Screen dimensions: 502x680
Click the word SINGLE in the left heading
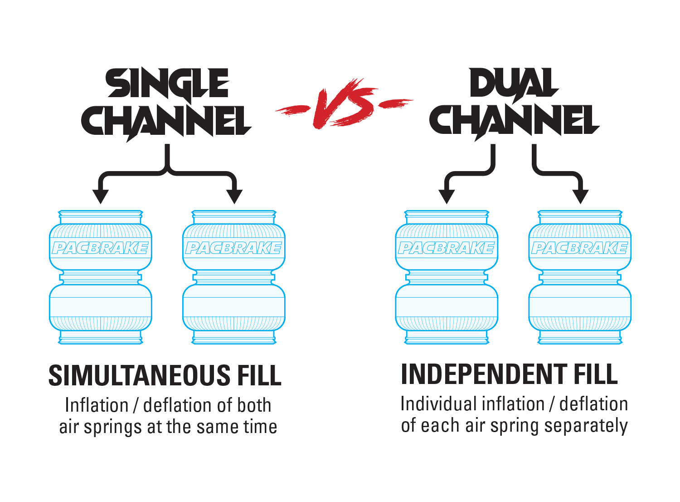coord(167,84)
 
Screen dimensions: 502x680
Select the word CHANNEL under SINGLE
coord(166,122)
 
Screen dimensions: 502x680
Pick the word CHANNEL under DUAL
coord(514,122)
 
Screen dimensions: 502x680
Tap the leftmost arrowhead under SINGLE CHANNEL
coord(100,196)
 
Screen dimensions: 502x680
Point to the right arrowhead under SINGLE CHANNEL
coord(234,196)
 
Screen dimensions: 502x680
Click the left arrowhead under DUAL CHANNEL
coord(447,196)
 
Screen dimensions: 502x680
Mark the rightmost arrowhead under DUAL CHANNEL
coord(580,196)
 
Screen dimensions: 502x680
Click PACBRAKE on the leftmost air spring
coord(100,248)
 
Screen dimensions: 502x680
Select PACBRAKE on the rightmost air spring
coord(580,248)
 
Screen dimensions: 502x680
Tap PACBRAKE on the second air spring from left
coord(233,248)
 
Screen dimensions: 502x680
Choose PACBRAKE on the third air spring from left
coord(447,248)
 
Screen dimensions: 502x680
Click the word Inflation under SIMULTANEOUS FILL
coord(97,405)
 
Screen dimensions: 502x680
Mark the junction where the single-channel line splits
coord(167,172)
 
